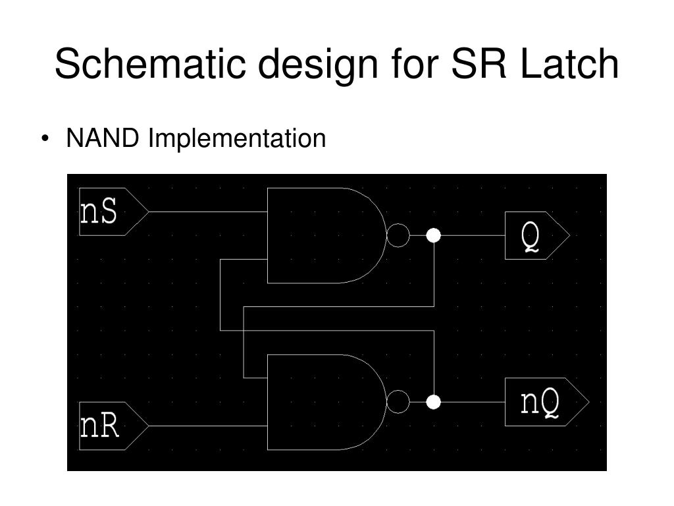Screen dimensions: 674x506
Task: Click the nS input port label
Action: click(x=99, y=212)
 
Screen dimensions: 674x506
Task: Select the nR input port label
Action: click(x=100, y=426)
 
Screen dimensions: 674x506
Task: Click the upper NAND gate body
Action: click(x=323, y=235)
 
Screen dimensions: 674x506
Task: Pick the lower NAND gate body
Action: click(x=323, y=402)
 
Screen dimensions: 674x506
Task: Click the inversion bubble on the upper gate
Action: click(x=398, y=235)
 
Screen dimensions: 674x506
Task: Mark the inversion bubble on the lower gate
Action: click(x=398, y=402)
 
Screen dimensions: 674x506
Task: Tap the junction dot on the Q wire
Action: click(x=433, y=235)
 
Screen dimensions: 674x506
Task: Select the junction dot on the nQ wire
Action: click(x=433, y=402)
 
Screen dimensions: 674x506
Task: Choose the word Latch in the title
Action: click(x=569, y=65)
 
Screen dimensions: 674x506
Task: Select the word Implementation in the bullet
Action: click(x=236, y=139)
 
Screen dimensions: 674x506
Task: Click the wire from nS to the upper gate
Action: click(x=207, y=212)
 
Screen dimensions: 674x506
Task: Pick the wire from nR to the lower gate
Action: click(x=207, y=426)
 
